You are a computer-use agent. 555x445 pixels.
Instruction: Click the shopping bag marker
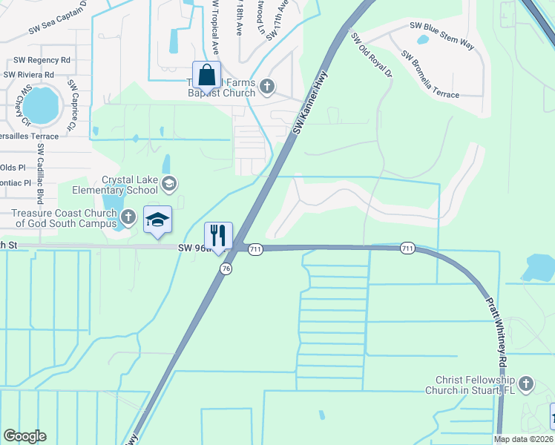[x=206, y=76]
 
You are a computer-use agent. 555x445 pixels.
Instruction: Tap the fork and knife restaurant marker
[x=218, y=236]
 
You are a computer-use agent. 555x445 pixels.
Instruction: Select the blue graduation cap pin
[x=157, y=220]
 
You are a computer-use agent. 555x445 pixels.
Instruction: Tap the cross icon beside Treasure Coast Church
[x=128, y=217]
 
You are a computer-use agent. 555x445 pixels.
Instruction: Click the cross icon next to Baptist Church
[x=267, y=88]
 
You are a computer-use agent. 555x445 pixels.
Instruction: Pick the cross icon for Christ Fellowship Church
[x=526, y=383]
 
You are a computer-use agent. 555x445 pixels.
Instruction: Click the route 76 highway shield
[x=225, y=268]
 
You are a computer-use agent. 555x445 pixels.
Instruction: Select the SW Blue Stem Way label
[x=441, y=35]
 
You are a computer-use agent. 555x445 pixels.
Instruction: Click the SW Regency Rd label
[x=36, y=59]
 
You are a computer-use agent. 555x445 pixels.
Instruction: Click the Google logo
[x=24, y=436]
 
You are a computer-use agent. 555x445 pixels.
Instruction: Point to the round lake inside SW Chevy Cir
[x=41, y=105]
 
